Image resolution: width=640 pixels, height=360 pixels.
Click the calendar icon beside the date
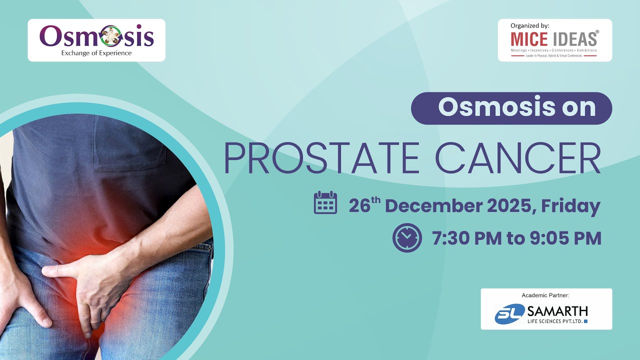(325, 203)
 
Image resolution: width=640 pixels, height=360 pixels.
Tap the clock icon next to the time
(407, 237)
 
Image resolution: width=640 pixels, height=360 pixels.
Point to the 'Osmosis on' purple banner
(511, 108)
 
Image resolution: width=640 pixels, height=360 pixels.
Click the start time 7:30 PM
(466, 238)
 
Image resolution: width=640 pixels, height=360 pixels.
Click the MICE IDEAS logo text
(554, 38)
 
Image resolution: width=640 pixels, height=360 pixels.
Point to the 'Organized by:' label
(530, 25)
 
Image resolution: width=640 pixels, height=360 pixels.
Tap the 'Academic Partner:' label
(545, 295)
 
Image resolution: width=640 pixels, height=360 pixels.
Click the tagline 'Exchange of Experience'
(96, 53)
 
